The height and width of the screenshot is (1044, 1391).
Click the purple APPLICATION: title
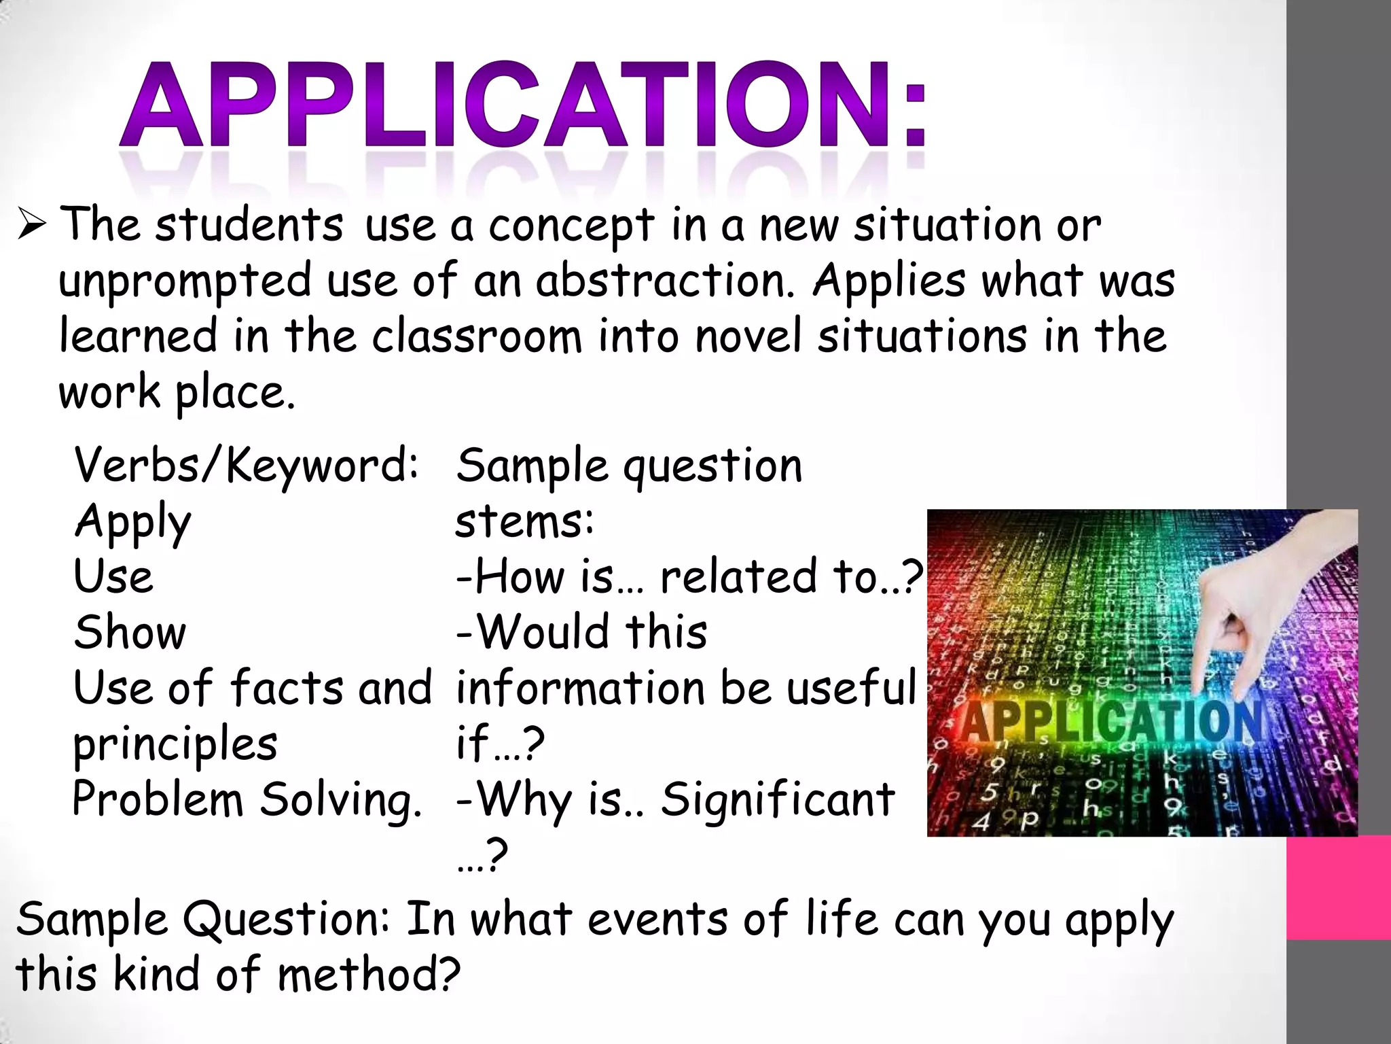point(523,105)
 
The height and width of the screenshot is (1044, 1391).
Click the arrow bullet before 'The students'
point(32,225)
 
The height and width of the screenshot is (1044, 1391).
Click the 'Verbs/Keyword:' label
point(246,466)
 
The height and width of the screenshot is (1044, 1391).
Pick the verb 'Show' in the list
point(130,633)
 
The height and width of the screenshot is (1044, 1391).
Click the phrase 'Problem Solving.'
point(247,799)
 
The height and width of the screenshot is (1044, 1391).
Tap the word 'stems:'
point(524,522)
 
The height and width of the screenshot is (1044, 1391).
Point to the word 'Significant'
point(778,799)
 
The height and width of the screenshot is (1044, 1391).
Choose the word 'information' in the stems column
point(581,689)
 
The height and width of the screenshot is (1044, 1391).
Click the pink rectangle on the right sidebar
point(1338,888)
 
